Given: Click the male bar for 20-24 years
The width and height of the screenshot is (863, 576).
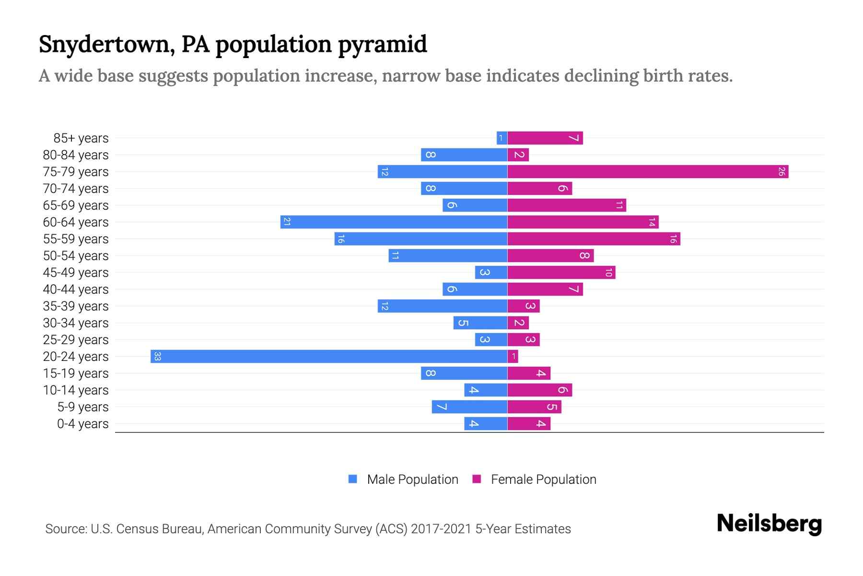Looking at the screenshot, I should point(329,356).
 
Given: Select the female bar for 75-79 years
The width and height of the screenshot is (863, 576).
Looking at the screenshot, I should point(647,171).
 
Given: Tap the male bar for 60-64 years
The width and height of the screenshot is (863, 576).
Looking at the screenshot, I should point(394,222).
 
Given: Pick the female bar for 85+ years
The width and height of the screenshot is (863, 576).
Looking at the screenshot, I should point(545,138).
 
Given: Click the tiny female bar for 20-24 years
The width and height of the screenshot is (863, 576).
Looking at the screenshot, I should point(513,356).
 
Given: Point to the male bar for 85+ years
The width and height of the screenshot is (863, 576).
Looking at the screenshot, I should point(502,138).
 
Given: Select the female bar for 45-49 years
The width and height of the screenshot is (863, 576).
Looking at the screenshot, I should point(561,272).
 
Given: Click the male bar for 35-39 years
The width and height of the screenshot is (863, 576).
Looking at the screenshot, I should point(442,306).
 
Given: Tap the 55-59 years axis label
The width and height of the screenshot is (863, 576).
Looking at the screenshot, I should point(76,239).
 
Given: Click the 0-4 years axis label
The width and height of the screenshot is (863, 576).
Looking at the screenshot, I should point(82,424).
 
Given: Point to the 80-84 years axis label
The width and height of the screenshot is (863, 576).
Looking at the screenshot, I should point(76,155).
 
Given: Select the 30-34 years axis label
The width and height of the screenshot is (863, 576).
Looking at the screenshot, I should point(76,323).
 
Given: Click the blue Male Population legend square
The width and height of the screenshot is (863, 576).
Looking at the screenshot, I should point(353,479).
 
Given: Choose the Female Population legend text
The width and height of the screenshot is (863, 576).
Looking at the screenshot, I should point(543,480).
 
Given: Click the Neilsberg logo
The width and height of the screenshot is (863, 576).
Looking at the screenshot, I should point(769,524).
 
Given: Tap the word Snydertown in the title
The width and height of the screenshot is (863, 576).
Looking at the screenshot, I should point(103,44).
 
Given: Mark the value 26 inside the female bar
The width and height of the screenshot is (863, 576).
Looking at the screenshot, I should point(781,171).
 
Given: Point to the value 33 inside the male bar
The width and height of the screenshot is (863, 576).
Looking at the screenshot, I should point(157,356).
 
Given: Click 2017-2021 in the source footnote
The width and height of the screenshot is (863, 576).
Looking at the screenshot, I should point(441,529).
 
